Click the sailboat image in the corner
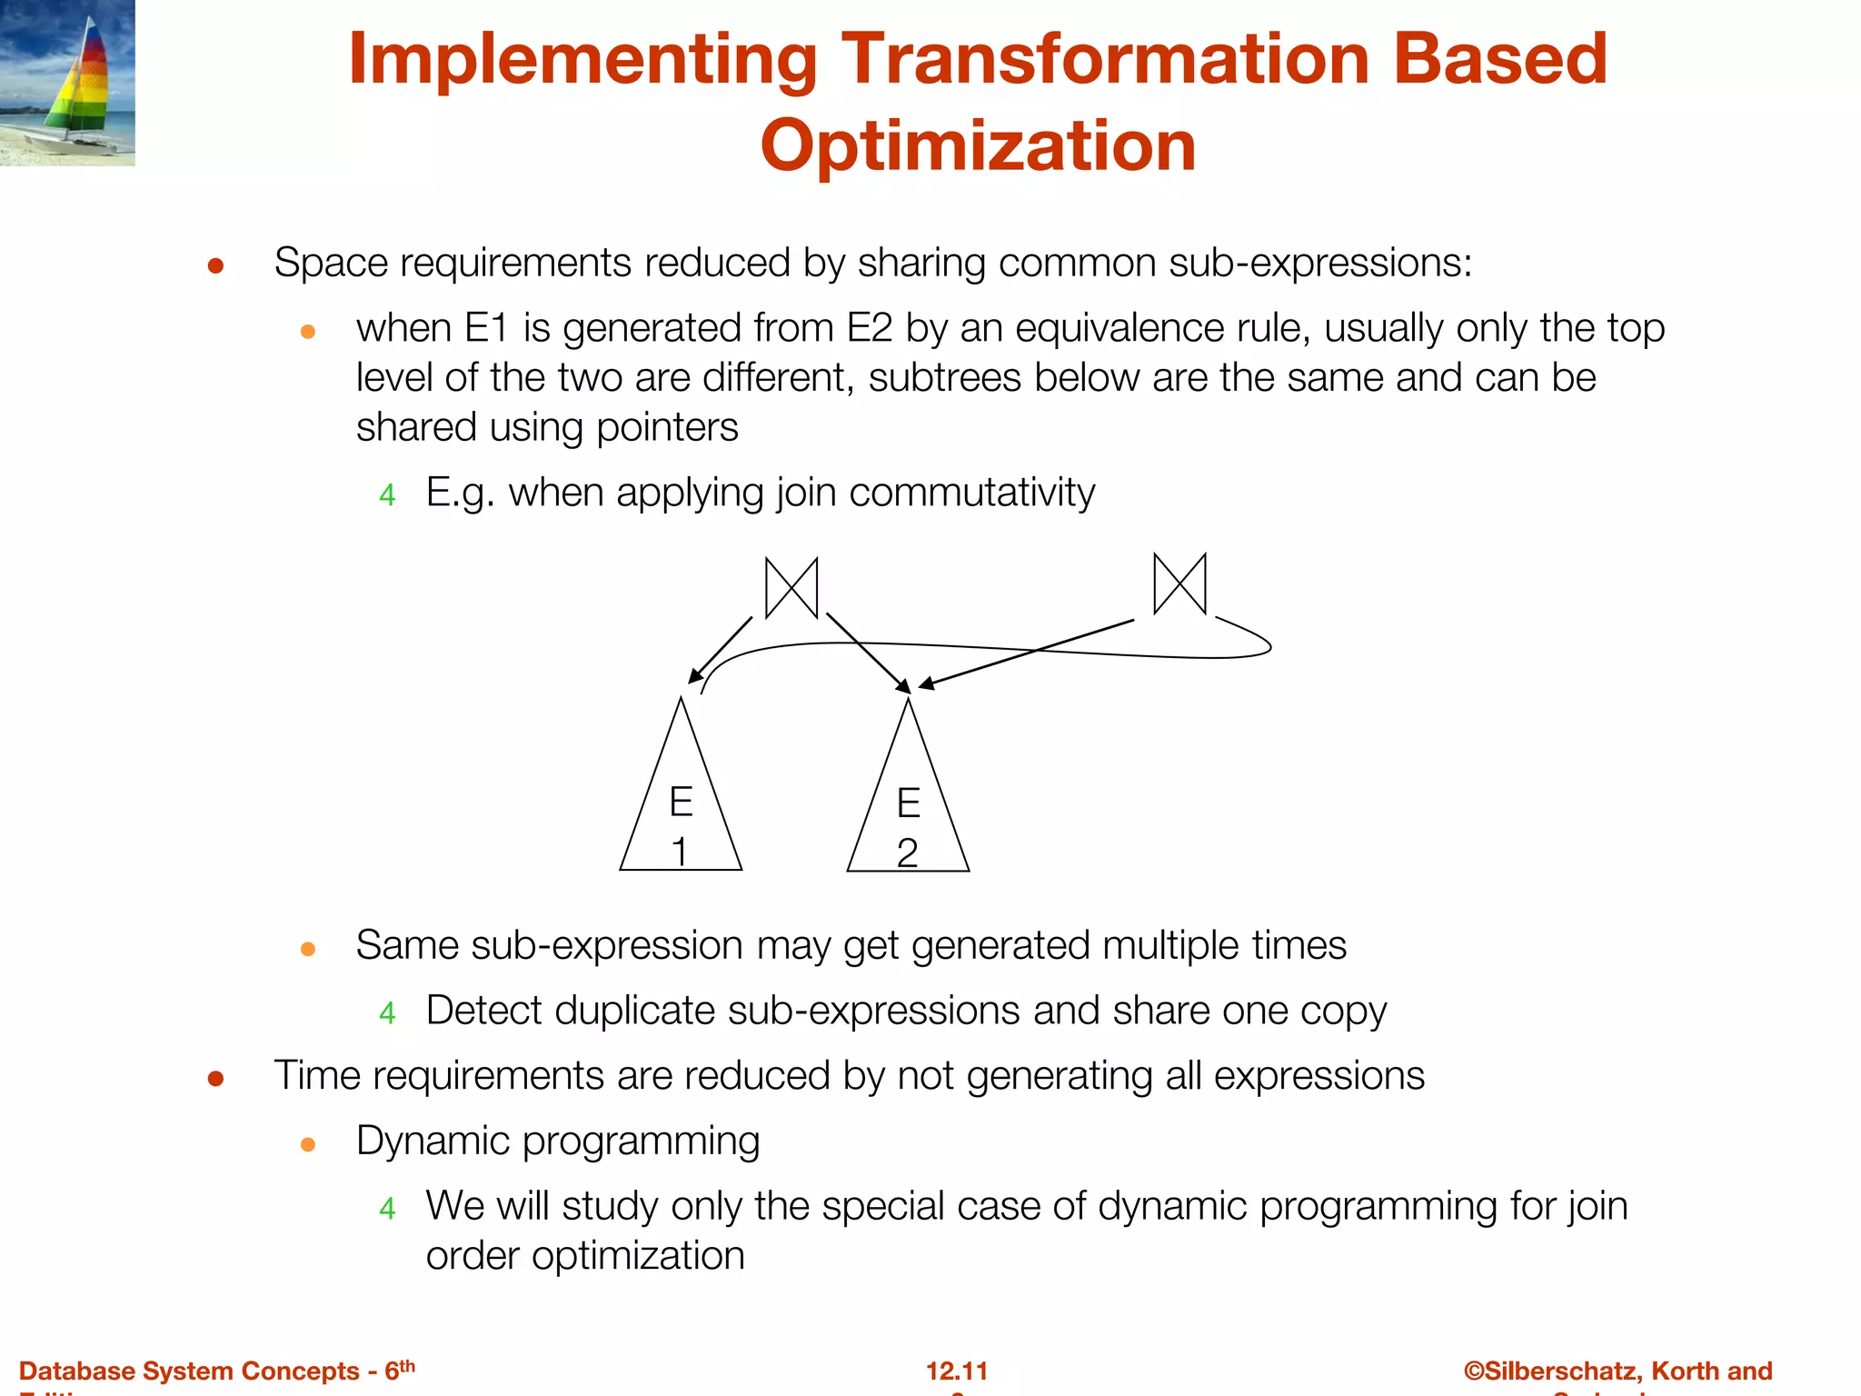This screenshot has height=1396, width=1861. pyautogui.click(x=67, y=83)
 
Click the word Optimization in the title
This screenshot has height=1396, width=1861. pyautogui.click(x=978, y=146)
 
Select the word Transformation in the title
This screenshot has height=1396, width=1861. pyautogui.click(x=1108, y=59)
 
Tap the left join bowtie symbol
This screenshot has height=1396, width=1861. pyautogui.click(x=791, y=588)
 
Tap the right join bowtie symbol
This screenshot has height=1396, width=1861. pyautogui.click(x=1179, y=583)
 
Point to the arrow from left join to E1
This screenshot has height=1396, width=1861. pyautogui.click(x=721, y=650)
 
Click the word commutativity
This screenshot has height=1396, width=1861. pyautogui.click(x=971, y=493)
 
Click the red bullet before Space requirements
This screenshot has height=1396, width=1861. pyautogui.click(x=215, y=265)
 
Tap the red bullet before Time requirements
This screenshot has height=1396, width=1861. pyautogui.click(x=215, y=1079)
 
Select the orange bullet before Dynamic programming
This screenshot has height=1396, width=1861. pyautogui.click(x=308, y=1144)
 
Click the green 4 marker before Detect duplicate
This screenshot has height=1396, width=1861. pyautogui.click(x=387, y=1013)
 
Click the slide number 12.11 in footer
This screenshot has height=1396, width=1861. pyautogui.click(x=956, y=1371)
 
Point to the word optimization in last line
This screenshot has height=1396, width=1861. pyautogui.click(x=638, y=1256)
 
